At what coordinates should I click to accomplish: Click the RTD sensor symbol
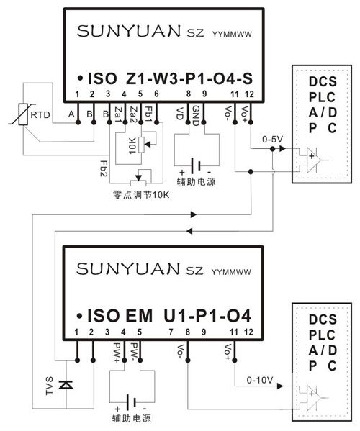pyautogui.click(x=24, y=114)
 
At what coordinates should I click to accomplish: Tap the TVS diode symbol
pyautogui.click(x=66, y=384)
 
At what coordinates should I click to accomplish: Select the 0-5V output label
pyautogui.click(x=273, y=140)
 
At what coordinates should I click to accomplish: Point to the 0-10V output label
pyautogui.click(x=260, y=380)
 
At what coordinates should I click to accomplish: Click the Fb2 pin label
pyautogui.click(x=104, y=168)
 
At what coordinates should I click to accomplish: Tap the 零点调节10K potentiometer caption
pyautogui.click(x=141, y=194)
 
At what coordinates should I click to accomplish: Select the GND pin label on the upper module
pyautogui.click(x=195, y=116)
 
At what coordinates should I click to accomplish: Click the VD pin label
pyautogui.click(x=179, y=114)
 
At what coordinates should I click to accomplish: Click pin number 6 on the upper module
pyautogui.click(x=156, y=94)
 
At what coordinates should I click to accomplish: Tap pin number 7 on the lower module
pyautogui.click(x=171, y=332)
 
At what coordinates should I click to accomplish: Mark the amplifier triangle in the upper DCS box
pyautogui.click(x=313, y=160)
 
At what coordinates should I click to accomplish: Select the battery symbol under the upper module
pyautogui.click(x=196, y=165)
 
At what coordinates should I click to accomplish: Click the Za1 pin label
pyautogui.click(x=118, y=114)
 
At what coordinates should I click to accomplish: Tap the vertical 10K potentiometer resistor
pyautogui.click(x=141, y=145)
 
